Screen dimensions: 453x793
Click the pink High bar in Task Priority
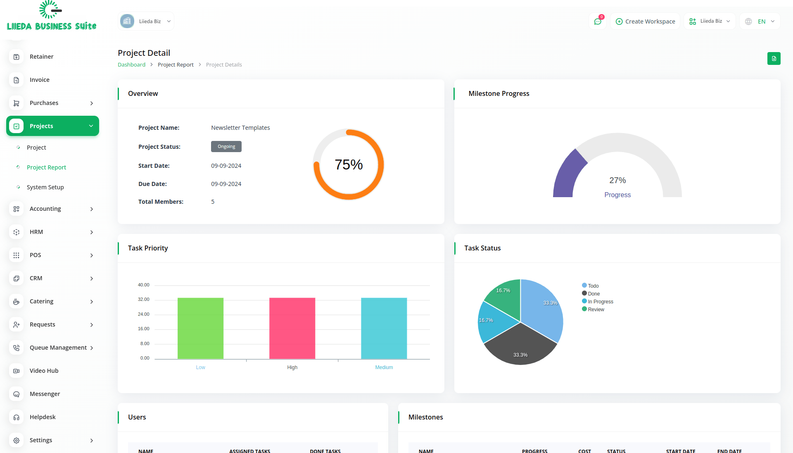coord(292,328)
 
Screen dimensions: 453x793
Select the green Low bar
coord(200,328)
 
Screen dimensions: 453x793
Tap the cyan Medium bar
coord(384,328)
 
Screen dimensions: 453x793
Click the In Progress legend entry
coord(600,302)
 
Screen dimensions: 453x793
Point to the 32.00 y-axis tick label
coord(144,300)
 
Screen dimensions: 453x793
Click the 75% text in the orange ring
coord(349,165)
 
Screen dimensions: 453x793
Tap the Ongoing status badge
coord(226,147)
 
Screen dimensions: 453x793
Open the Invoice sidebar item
coord(40,80)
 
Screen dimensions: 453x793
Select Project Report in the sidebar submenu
coord(46,167)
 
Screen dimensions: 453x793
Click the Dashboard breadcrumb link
coord(131,65)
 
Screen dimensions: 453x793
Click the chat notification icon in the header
coord(598,21)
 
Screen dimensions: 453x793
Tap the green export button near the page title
coord(774,59)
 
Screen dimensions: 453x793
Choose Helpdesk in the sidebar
coord(43,417)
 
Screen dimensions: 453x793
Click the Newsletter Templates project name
coord(240,128)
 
